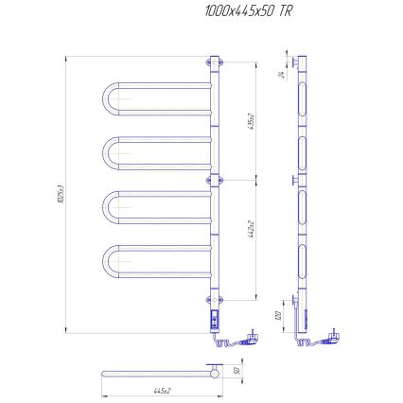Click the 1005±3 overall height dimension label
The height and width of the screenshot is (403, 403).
[60, 196]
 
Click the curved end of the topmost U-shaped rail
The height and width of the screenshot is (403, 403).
[103, 99]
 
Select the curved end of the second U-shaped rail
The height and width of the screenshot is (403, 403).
[105, 152]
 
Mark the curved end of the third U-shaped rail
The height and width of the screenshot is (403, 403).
[105, 208]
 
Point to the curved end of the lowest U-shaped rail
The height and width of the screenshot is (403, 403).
[105, 260]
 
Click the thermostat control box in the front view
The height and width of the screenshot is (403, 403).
[215, 321]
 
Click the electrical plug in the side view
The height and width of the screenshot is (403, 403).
[335, 334]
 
